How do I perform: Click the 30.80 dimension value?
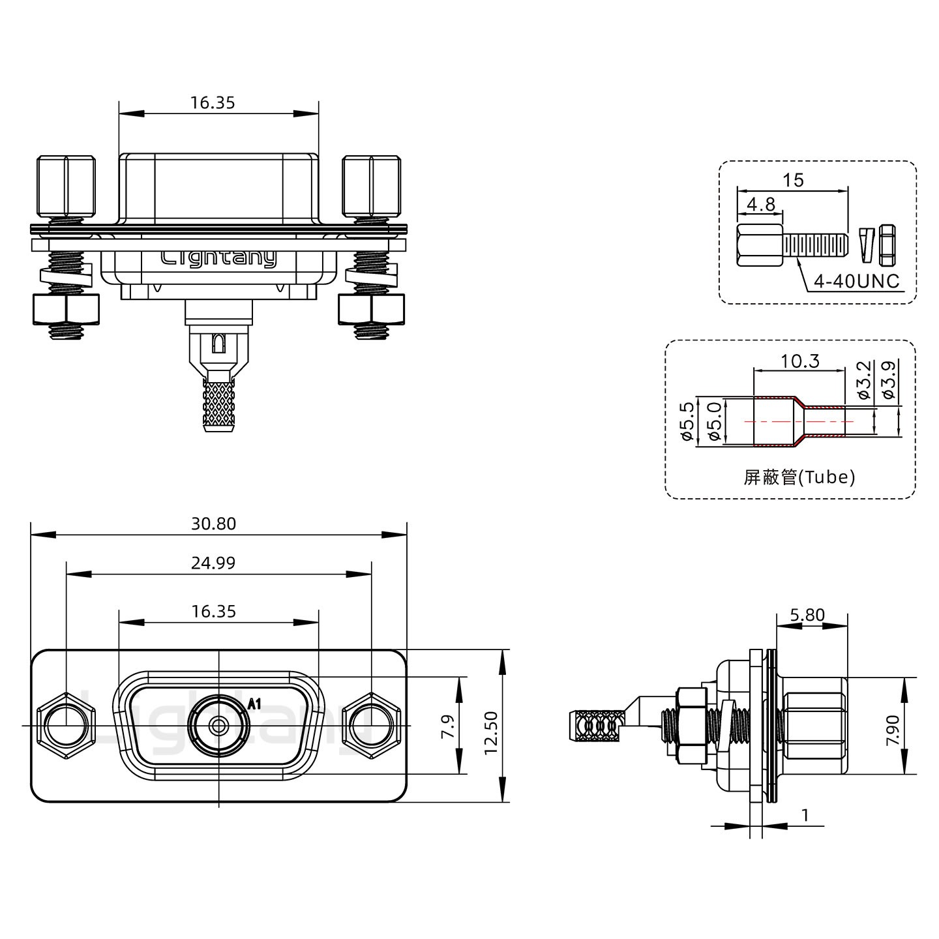point(213,524)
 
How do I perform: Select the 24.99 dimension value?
point(213,563)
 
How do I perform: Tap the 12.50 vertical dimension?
point(491,732)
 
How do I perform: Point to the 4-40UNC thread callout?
point(856,281)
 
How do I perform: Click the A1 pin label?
point(255,704)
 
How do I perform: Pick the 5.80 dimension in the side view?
point(807,615)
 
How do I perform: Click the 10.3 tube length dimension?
point(800,361)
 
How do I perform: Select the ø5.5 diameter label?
point(686,421)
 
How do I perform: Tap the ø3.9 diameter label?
point(887,380)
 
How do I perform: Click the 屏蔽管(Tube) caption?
point(799,477)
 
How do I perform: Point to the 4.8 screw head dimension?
point(761,204)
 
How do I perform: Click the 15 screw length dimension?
point(793,180)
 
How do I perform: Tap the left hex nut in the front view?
point(65,725)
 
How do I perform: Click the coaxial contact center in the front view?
point(218,725)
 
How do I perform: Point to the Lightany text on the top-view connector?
point(218,258)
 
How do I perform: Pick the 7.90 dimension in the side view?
point(893,731)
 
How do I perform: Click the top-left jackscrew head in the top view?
point(66,186)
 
